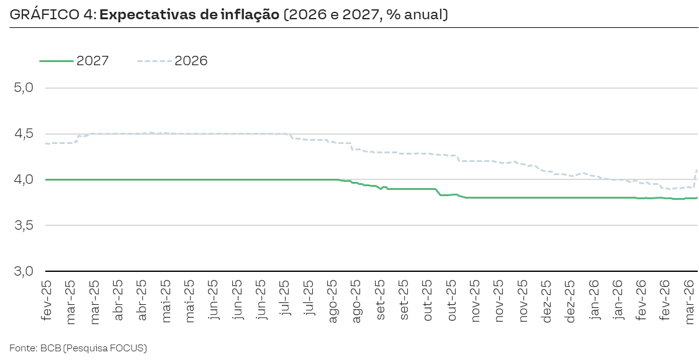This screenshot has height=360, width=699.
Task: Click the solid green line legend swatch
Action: [56, 61]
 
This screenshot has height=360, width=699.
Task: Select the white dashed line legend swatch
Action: [155, 61]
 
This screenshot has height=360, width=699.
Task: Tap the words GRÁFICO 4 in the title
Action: [50, 14]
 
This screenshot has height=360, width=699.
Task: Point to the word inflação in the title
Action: [244, 14]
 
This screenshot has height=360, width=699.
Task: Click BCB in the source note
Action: [48, 348]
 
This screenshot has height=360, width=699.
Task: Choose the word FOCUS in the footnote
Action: [127, 348]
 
